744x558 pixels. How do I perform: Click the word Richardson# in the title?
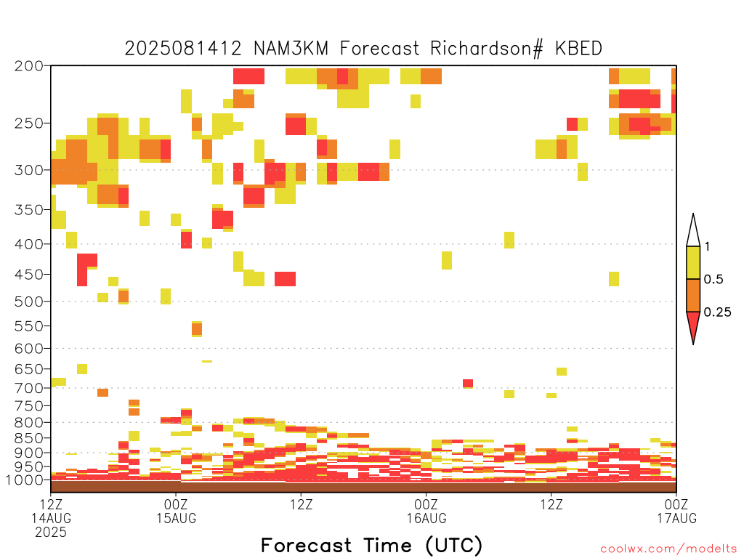[486, 49]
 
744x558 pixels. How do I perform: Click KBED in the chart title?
[578, 49]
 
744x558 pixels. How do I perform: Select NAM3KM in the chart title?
[291, 49]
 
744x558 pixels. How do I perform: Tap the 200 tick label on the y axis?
[29, 66]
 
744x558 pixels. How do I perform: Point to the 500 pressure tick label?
[29, 302]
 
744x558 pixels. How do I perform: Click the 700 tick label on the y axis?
[29, 388]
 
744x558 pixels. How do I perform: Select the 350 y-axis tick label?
[29, 210]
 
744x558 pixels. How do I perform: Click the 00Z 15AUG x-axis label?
[176, 511]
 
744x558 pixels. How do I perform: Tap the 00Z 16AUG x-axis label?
[426, 511]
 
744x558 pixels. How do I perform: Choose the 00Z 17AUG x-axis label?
[676, 511]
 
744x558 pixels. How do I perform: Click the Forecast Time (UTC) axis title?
[371, 546]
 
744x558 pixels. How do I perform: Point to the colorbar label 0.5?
[713, 280]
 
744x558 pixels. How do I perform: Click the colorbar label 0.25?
[717, 312]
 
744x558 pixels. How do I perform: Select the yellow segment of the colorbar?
[693, 262]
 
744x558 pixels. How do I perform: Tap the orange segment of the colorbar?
[693, 295]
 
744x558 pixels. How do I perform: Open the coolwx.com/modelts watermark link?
[669, 549]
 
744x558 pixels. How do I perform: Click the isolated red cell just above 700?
[468, 384]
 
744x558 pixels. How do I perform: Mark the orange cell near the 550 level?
[197, 328]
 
